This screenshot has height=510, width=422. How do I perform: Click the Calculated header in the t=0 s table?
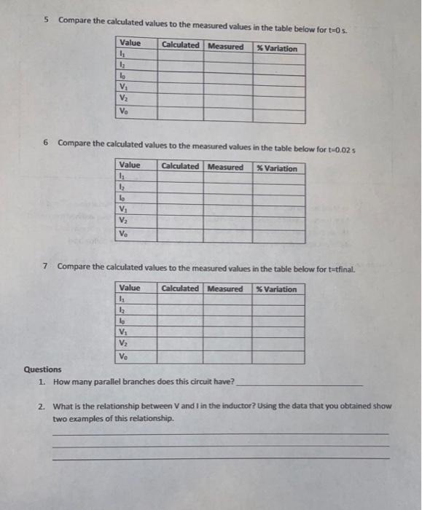click(x=180, y=46)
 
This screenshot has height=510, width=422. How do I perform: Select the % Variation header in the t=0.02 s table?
click(x=277, y=168)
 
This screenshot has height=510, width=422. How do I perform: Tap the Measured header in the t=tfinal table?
click(x=225, y=289)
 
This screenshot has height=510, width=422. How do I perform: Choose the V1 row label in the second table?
click(x=123, y=209)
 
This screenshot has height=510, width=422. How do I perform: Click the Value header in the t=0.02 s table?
click(x=130, y=166)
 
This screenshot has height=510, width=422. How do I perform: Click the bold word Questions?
click(x=43, y=369)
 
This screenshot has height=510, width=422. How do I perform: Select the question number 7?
click(x=45, y=266)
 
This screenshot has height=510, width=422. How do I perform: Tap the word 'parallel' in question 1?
click(x=107, y=382)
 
